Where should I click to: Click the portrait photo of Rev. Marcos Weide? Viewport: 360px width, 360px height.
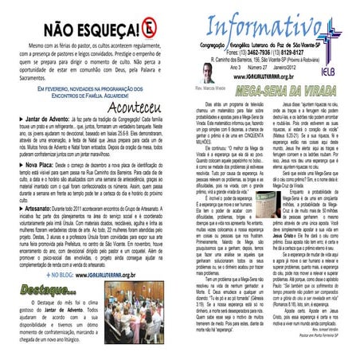click(x=209, y=74)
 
